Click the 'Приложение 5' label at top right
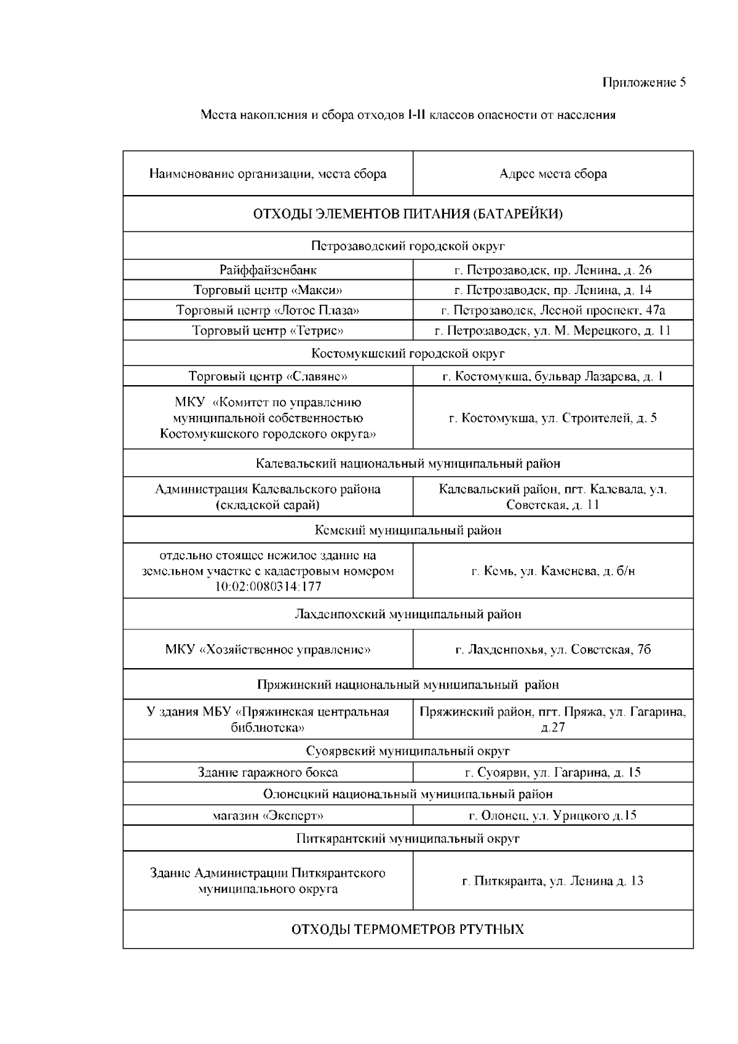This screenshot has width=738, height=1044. pyautogui.click(x=644, y=82)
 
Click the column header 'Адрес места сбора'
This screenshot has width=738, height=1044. pyautogui.click(x=553, y=173)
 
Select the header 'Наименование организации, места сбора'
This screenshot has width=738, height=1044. pyautogui.click(x=268, y=173)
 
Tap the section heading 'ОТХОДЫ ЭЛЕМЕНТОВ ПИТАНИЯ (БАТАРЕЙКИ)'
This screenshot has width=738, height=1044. pyautogui.click(x=408, y=214)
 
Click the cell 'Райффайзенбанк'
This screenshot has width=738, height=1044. pyautogui.click(x=268, y=269)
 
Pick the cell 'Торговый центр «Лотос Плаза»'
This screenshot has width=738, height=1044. pyautogui.click(x=268, y=310)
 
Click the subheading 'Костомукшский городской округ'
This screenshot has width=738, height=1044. pyautogui.click(x=408, y=353)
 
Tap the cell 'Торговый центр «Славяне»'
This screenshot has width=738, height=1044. pyautogui.click(x=268, y=376)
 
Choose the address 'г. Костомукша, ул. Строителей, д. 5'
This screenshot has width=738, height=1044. pyautogui.click(x=553, y=418)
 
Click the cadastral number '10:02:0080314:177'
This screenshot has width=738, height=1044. pyautogui.click(x=268, y=586)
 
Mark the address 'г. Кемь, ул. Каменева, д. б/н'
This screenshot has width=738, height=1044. pyautogui.click(x=553, y=571)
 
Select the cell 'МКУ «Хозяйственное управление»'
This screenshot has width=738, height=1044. pyautogui.click(x=268, y=650)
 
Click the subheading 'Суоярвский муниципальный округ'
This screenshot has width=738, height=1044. pyautogui.click(x=408, y=751)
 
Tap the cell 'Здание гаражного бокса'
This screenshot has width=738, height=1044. pyautogui.click(x=268, y=772)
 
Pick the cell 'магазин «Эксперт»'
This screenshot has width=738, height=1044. pyautogui.click(x=268, y=816)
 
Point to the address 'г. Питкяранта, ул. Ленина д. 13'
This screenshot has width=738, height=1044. pyautogui.click(x=553, y=881)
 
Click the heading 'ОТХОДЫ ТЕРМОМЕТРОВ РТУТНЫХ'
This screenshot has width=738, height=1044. pyautogui.click(x=408, y=929)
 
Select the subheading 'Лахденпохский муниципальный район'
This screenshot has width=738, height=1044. pyautogui.click(x=408, y=614)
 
